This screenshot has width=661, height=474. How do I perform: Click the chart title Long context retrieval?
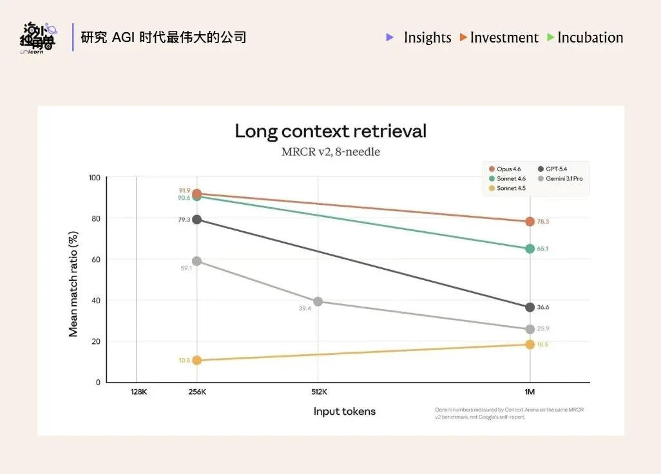pyautogui.click(x=330, y=131)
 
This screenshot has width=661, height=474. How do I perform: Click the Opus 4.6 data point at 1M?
pyautogui.click(x=530, y=222)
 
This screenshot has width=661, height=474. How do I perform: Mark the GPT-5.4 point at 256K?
pyautogui.click(x=197, y=220)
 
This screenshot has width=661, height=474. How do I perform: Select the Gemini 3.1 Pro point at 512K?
pyautogui.click(x=318, y=301)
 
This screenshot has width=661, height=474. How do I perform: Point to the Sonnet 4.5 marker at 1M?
pyautogui.click(x=530, y=345)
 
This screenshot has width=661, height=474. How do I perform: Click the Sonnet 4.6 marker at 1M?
pyautogui.click(x=530, y=249)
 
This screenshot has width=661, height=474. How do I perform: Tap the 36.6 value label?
pyautogui.click(x=543, y=307)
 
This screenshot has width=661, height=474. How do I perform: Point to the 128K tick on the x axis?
pyautogui.click(x=139, y=392)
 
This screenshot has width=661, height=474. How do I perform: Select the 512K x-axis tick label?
pyautogui.click(x=319, y=392)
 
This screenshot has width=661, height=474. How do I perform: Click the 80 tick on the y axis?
pyautogui.click(x=96, y=218)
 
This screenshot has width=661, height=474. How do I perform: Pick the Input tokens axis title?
pyautogui.click(x=344, y=411)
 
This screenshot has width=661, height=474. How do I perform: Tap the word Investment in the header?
pyautogui.click(x=504, y=37)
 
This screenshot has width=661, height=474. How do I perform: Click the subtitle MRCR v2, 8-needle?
pyautogui.click(x=330, y=152)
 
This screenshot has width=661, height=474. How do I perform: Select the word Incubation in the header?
pyautogui.click(x=590, y=37)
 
